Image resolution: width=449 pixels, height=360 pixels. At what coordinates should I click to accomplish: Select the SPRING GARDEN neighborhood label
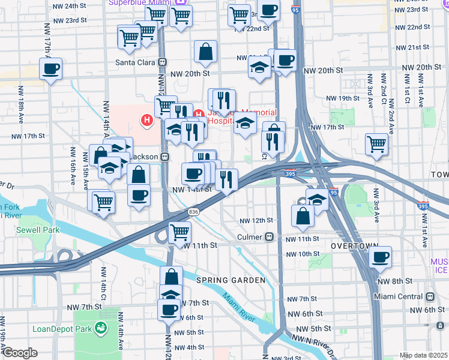tap(230, 280)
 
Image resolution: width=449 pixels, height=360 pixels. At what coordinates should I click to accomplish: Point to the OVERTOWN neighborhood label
tap(354, 247)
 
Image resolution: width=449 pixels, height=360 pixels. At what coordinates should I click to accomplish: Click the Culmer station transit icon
tap(270, 237)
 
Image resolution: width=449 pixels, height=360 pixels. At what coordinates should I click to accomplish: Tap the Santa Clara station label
tap(136, 62)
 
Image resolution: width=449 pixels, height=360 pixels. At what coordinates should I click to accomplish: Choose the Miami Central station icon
tap(430, 297)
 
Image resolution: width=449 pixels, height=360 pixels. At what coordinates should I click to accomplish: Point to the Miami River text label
tap(240, 307)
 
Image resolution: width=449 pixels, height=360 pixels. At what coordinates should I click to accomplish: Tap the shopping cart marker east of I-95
tap(376, 143)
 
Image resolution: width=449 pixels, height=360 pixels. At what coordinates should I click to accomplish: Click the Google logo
tap(19, 353)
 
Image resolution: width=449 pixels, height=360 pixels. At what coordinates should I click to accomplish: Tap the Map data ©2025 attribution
tap(423, 355)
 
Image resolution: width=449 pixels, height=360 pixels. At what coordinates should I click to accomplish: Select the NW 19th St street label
tap(342, 98)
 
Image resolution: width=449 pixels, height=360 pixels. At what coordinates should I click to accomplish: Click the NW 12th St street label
tap(257, 221)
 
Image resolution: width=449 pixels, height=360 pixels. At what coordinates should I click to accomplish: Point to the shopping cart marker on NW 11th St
tap(180, 232)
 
